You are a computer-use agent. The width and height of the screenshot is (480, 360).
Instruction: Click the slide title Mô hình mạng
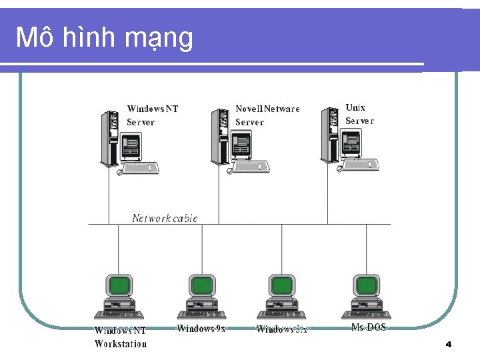tap(105, 38)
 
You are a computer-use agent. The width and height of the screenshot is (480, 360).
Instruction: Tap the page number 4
tap(449, 344)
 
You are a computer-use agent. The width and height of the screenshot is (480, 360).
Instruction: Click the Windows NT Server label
tap(153, 115)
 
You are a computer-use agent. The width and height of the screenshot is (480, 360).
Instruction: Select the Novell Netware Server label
tap(267, 115)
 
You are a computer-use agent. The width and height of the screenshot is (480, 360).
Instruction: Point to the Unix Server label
tap(359, 114)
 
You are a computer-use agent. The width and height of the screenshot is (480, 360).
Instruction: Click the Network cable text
tap(165, 218)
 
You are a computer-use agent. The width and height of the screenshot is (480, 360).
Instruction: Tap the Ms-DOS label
tap(369, 327)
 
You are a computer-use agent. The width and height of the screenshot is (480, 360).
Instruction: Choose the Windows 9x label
tap(201, 328)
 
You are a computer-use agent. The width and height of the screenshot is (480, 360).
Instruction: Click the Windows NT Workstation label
tap(120, 337)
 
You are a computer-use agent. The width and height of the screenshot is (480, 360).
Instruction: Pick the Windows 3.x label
tap(282, 329)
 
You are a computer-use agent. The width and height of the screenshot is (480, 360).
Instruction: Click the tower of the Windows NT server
tap(107, 137)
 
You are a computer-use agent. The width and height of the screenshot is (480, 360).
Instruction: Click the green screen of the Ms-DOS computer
tap(367, 285)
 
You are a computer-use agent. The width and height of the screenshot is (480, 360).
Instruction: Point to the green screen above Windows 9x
tap(201, 285)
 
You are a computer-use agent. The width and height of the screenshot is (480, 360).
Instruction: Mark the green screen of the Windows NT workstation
tap(119, 285)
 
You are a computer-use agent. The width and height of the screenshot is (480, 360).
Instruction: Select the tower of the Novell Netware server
tap(217, 137)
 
